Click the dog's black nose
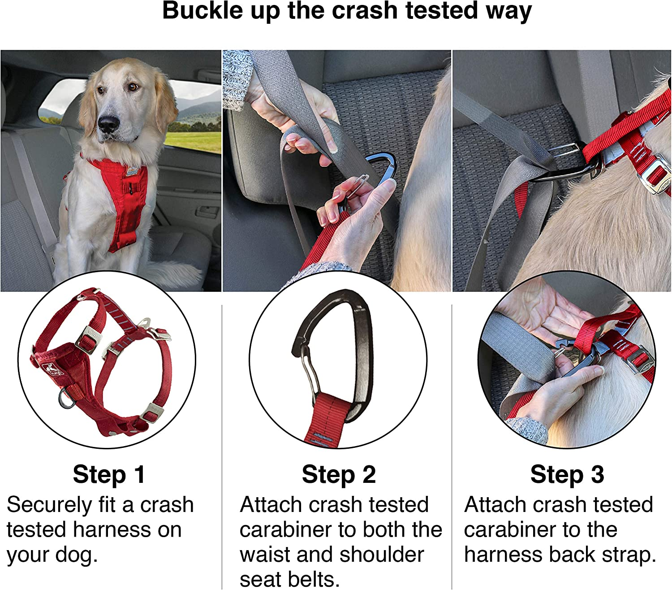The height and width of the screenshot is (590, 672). click(x=108, y=124)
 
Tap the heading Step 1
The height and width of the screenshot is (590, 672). click(x=109, y=475)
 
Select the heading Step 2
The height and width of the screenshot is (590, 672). click(x=339, y=475)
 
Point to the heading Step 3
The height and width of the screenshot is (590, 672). click(x=567, y=475)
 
